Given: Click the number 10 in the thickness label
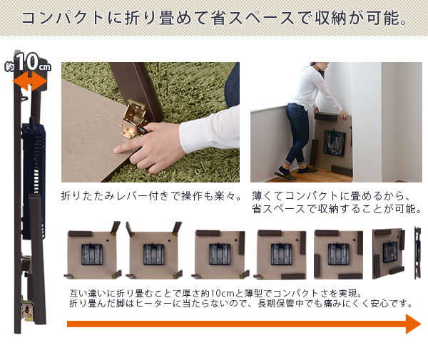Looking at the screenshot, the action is point(27,62).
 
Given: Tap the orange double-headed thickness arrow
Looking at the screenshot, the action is point(30,81).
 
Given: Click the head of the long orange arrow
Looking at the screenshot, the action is point(413,324).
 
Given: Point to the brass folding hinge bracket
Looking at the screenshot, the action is point(133,118).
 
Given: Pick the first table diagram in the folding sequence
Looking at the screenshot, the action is point(92,251).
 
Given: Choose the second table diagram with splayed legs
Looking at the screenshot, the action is point(154,251).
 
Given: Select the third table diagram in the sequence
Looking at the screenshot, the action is point(220,254).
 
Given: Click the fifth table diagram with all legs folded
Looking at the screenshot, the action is point(338,254).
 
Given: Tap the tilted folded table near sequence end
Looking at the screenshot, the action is point(389,254).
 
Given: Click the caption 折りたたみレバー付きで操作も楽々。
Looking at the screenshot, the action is point(151,196).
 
